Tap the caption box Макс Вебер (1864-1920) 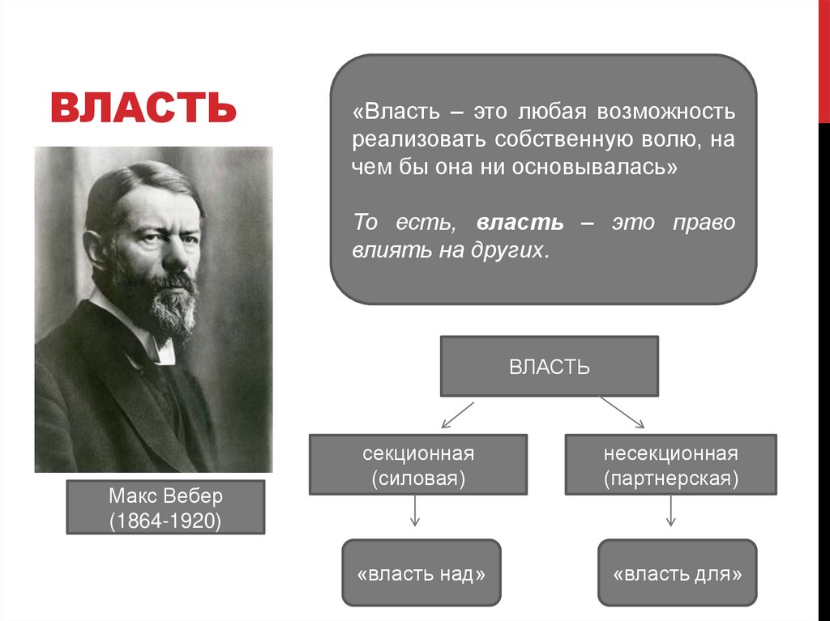point(165,508)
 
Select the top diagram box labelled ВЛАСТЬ point(549,366)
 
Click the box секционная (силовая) point(417,465)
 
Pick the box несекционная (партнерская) point(670,465)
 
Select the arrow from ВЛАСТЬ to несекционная point(622,412)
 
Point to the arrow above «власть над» point(414,511)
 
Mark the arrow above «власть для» point(671,511)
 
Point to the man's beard point(166,304)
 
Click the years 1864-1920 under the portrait point(165,520)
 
